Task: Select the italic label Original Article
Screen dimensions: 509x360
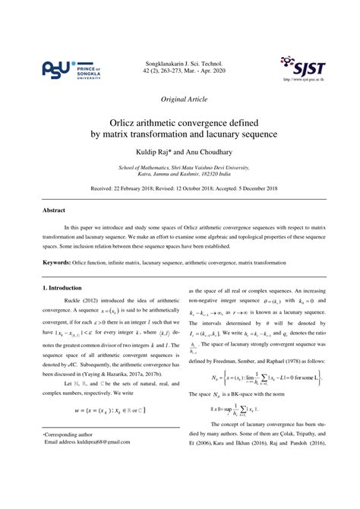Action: [x=180, y=99]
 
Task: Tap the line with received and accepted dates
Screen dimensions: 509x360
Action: [x=180, y=187]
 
